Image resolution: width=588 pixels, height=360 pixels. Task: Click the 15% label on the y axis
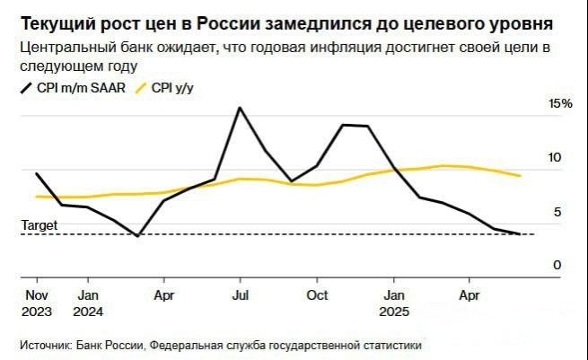560,104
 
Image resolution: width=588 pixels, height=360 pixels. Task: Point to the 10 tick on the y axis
555,158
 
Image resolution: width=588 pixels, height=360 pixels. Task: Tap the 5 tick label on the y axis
557,212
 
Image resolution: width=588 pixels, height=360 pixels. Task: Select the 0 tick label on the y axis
557,265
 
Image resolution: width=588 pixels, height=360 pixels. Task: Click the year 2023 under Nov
37,312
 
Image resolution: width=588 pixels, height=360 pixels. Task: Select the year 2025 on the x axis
396,312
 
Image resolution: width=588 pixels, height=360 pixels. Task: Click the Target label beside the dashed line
39,226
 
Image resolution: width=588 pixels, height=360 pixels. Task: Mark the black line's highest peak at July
240,108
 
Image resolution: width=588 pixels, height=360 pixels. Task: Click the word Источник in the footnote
46,345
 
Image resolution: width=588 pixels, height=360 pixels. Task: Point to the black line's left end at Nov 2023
36,173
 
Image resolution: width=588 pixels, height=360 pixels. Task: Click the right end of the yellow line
521,175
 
